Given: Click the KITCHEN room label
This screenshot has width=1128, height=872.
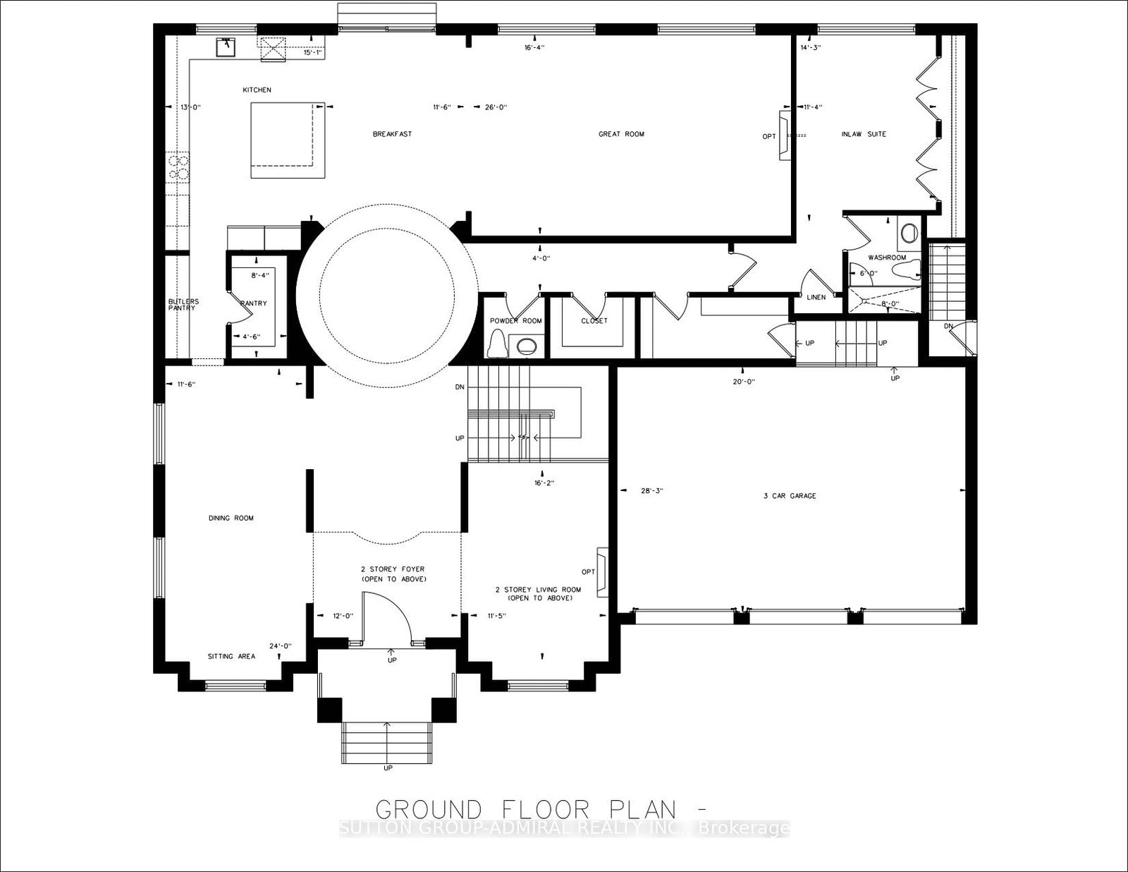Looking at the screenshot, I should click(257, 90).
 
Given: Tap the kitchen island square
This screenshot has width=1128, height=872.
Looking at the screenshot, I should click(287, 139).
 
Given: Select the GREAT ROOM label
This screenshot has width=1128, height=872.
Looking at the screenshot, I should click(621, 134).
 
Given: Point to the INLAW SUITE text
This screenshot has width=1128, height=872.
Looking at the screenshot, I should click(864, 134).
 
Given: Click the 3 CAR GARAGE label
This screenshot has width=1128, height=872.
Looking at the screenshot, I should click(790, 496).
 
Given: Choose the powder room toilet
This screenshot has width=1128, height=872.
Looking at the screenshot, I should click(496, 344).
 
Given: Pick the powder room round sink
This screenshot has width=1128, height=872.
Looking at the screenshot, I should click(526, 346).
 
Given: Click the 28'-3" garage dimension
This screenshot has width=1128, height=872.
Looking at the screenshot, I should click(651, 490).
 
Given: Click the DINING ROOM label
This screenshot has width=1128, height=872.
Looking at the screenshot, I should click(231, 519).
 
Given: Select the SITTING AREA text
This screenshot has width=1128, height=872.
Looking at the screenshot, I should click(231, 657).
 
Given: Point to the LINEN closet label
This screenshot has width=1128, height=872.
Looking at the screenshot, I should click(816, 298).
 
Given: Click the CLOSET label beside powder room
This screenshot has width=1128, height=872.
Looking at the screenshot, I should click(594, 321).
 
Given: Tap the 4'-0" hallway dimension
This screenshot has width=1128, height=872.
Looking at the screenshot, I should click(541, 258).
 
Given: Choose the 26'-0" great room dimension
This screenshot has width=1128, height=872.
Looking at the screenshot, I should click(496, 107).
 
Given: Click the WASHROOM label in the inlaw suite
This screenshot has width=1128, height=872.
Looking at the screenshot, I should click(887, 258).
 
